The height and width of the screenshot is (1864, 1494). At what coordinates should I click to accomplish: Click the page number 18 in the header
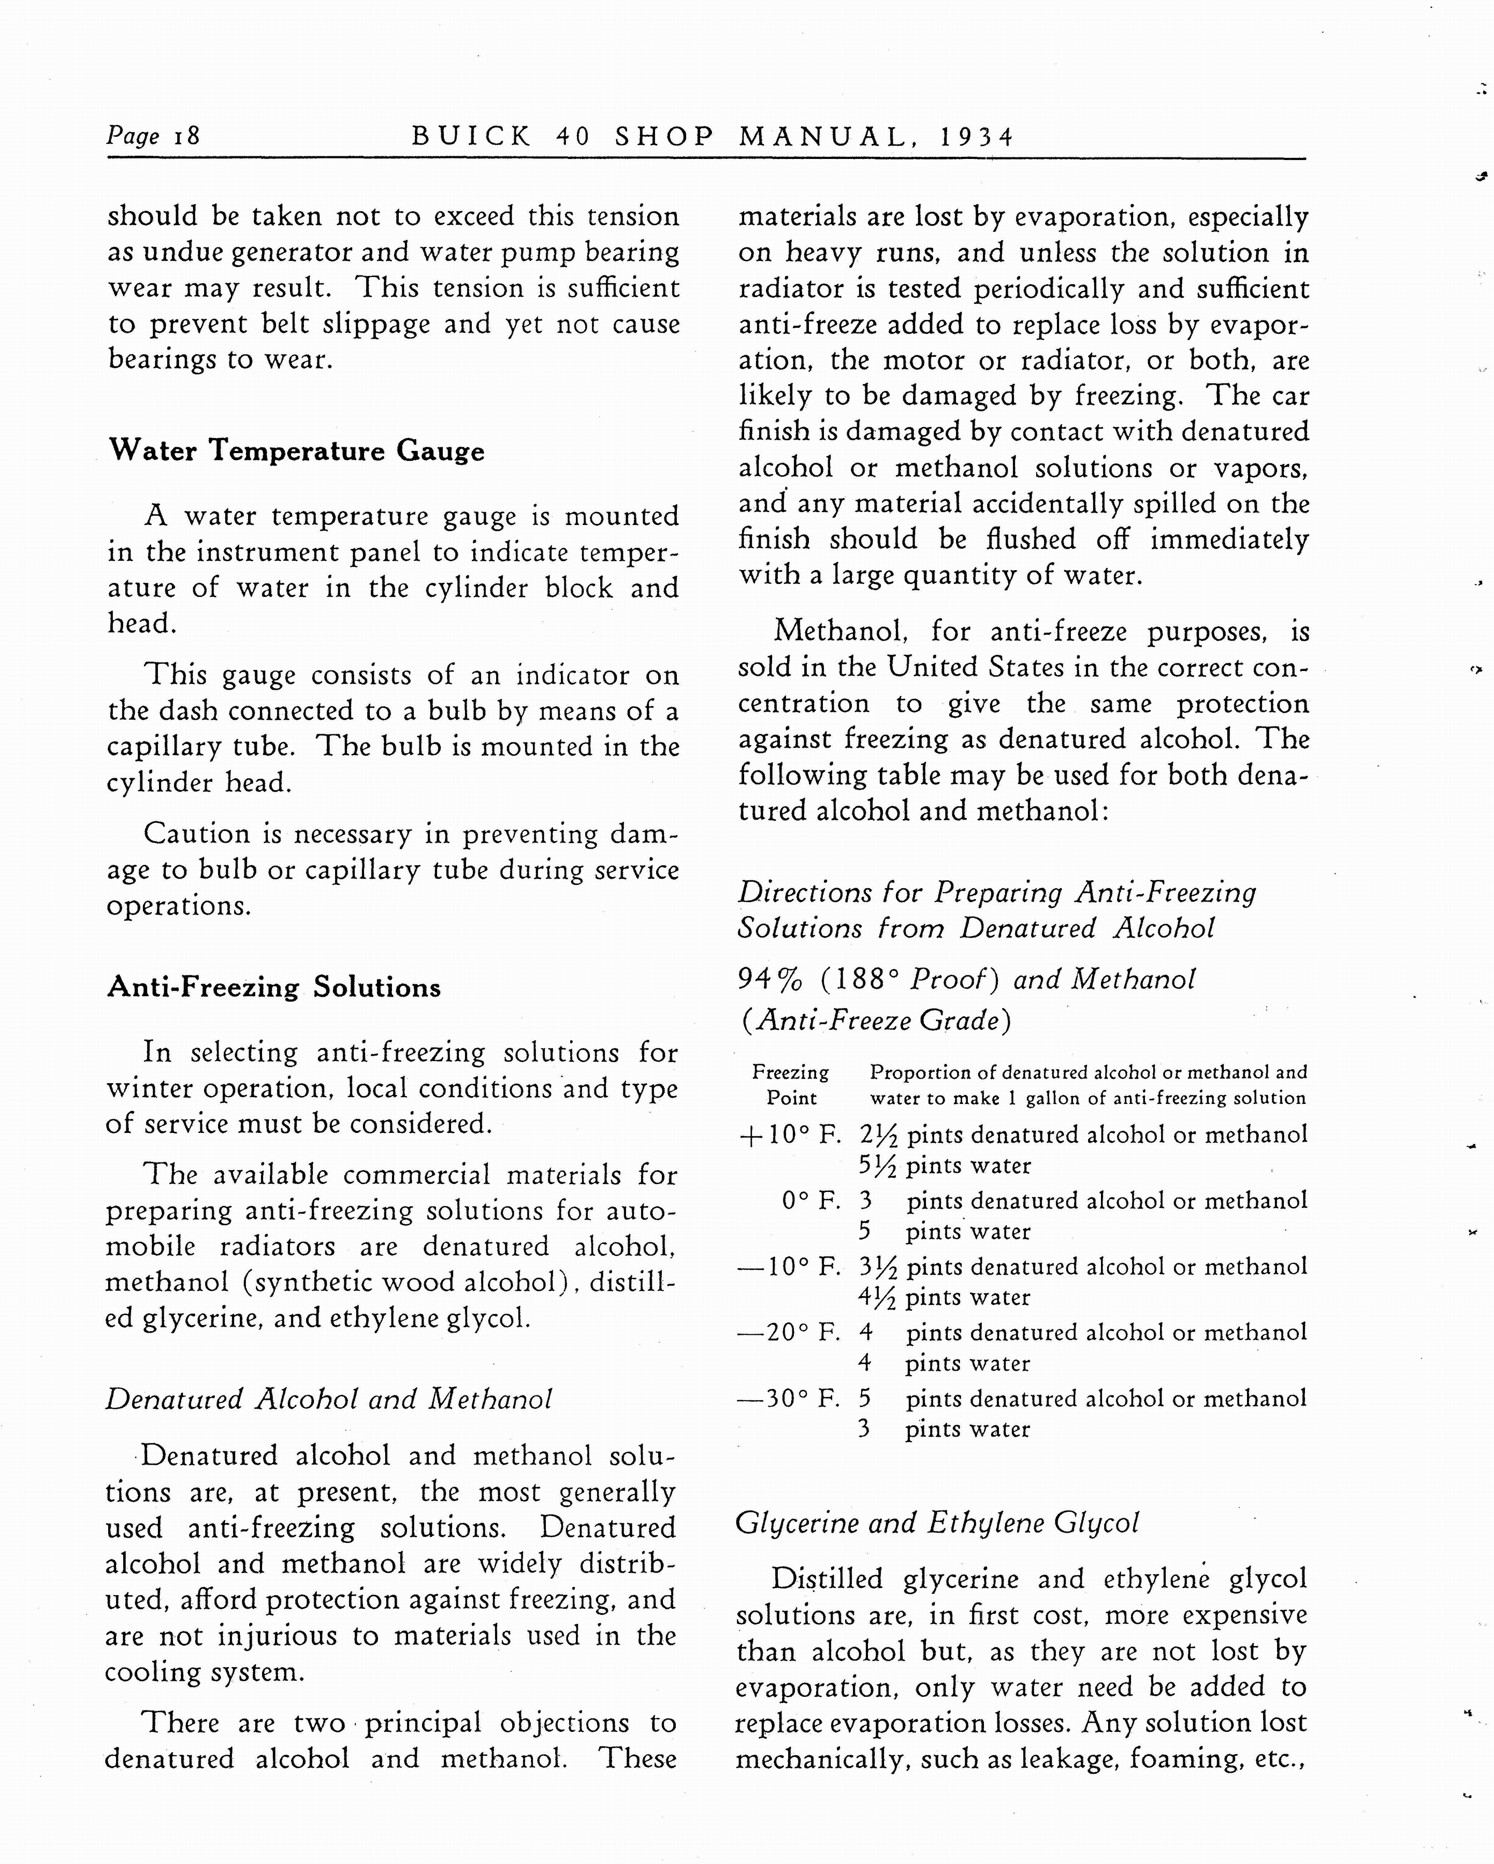click(187, 136)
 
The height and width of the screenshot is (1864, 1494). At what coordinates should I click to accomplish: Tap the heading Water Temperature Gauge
click(296, 450)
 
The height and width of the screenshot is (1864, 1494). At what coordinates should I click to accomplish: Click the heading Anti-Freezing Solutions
click(273, 987)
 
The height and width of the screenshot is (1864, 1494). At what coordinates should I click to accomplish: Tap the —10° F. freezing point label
click(789, 1266)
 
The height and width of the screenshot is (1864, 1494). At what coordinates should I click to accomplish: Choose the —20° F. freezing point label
click(789, 1332)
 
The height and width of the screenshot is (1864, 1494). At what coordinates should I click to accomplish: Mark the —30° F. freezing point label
click(789, 1398)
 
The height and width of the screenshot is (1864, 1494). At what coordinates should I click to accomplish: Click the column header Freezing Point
click(790, 1085)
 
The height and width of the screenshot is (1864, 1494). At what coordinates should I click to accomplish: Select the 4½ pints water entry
click(945, 1298)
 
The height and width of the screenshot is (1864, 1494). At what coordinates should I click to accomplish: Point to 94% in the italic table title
click(770, 979)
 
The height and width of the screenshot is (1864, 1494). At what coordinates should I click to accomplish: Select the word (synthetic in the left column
click(307, 1282)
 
